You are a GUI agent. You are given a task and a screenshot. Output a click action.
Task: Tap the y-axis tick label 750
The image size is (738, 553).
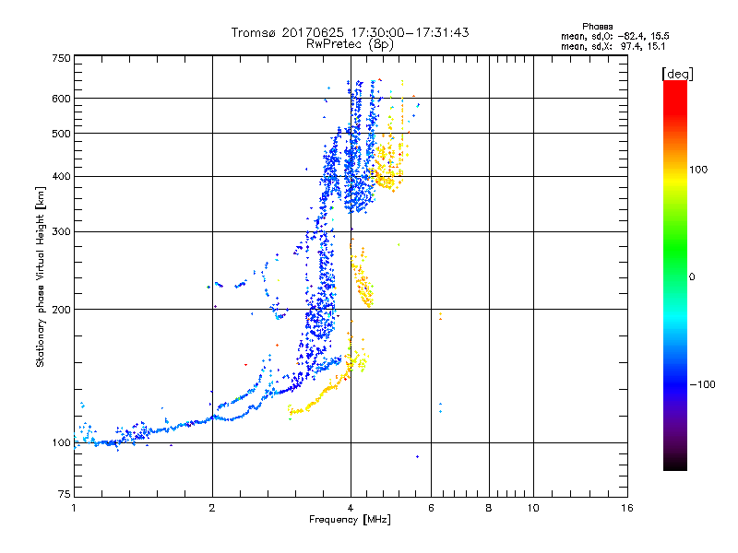tap(61, 58)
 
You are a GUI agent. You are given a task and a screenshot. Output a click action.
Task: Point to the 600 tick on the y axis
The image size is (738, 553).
tap(61, 99)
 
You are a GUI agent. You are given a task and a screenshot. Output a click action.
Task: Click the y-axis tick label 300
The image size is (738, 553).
tap(61, 231)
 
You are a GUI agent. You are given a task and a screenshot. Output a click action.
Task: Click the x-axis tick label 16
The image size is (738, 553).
tap(626, 508)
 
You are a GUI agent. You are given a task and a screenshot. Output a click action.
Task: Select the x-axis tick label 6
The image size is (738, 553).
tap(431, 508)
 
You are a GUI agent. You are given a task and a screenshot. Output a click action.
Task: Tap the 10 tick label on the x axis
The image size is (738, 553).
tap(532, 508)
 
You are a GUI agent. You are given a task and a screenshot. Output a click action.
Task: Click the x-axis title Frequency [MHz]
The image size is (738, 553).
tap(350, 520)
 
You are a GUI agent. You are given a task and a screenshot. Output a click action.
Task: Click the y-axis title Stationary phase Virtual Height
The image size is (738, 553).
tap(41, 276)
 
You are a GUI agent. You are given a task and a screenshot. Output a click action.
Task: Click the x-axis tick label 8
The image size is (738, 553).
tap(489, 508)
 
